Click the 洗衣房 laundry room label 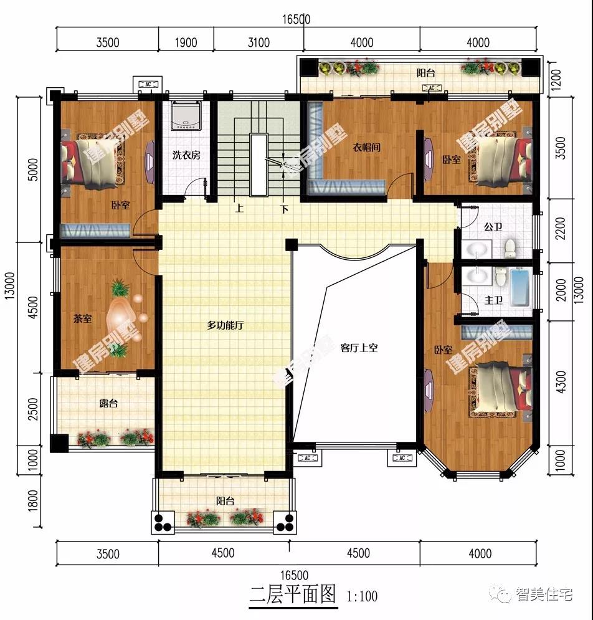pos(186,155)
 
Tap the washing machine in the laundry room pos(187,115)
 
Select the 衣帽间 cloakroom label pos(366,148)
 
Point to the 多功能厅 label pos(225,325)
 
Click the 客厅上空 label pos(359,348)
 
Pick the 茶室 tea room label pos(83,318)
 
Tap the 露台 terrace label pos(108,403)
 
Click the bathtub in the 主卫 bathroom pos(521,287)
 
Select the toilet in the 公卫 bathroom pos(510,247)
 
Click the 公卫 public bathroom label pos(493,227)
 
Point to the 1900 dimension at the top pos(186,42)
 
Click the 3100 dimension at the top pos(259,42)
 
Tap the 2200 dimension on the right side pos(561,229)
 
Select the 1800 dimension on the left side pos(33,501)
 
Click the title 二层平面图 pos(293,594)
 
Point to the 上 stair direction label pos(240,208)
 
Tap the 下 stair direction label pos(285,209)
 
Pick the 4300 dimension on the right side pos(561,382)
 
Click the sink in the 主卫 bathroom pos(477,275)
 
